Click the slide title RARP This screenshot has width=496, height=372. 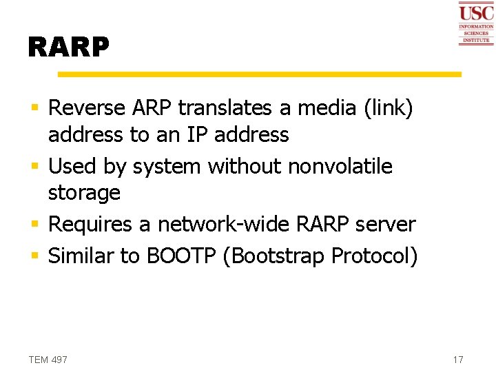coord(68,47)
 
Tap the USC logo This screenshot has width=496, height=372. coord(476,23)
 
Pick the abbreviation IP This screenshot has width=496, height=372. coord(196,134)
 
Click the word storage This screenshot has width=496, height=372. coord(84,193)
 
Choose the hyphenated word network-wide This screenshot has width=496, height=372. coord(235,225)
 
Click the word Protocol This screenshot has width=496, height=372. coord(374,256)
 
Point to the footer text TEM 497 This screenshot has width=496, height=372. coord(48,360)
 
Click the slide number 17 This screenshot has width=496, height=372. coord(458,360)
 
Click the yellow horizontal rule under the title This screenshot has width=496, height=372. coord(259,74)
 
